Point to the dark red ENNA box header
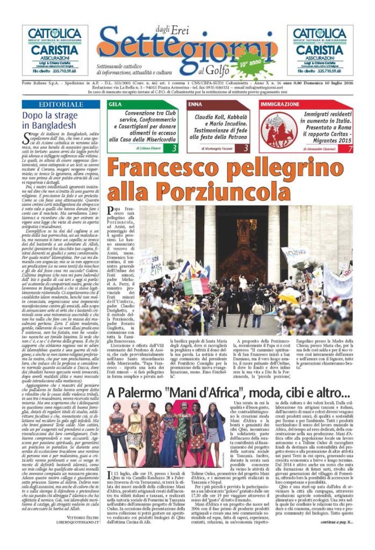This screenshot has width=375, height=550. click(x=218, y=104)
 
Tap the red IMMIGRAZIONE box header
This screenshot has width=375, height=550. click(x=305, y=104)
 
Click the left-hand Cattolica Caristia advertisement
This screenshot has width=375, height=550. click(x=55, y=50)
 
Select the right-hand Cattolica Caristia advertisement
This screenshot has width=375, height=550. click(x=320, y=50)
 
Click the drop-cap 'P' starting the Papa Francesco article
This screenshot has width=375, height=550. click(x=113, y=211)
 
